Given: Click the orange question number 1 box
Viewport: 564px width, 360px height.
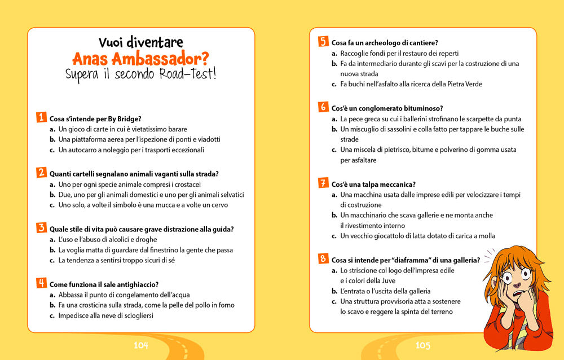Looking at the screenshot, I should pyautogui.click(x=41, y=118).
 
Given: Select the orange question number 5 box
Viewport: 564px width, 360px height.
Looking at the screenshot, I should pyautogui.click(x=323, y=42).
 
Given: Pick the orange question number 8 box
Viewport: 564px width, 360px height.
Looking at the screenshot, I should pyautogui.click(x=323, y=259).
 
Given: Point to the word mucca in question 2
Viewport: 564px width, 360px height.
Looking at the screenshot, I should pyautogui.click(x=156, y=205).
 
